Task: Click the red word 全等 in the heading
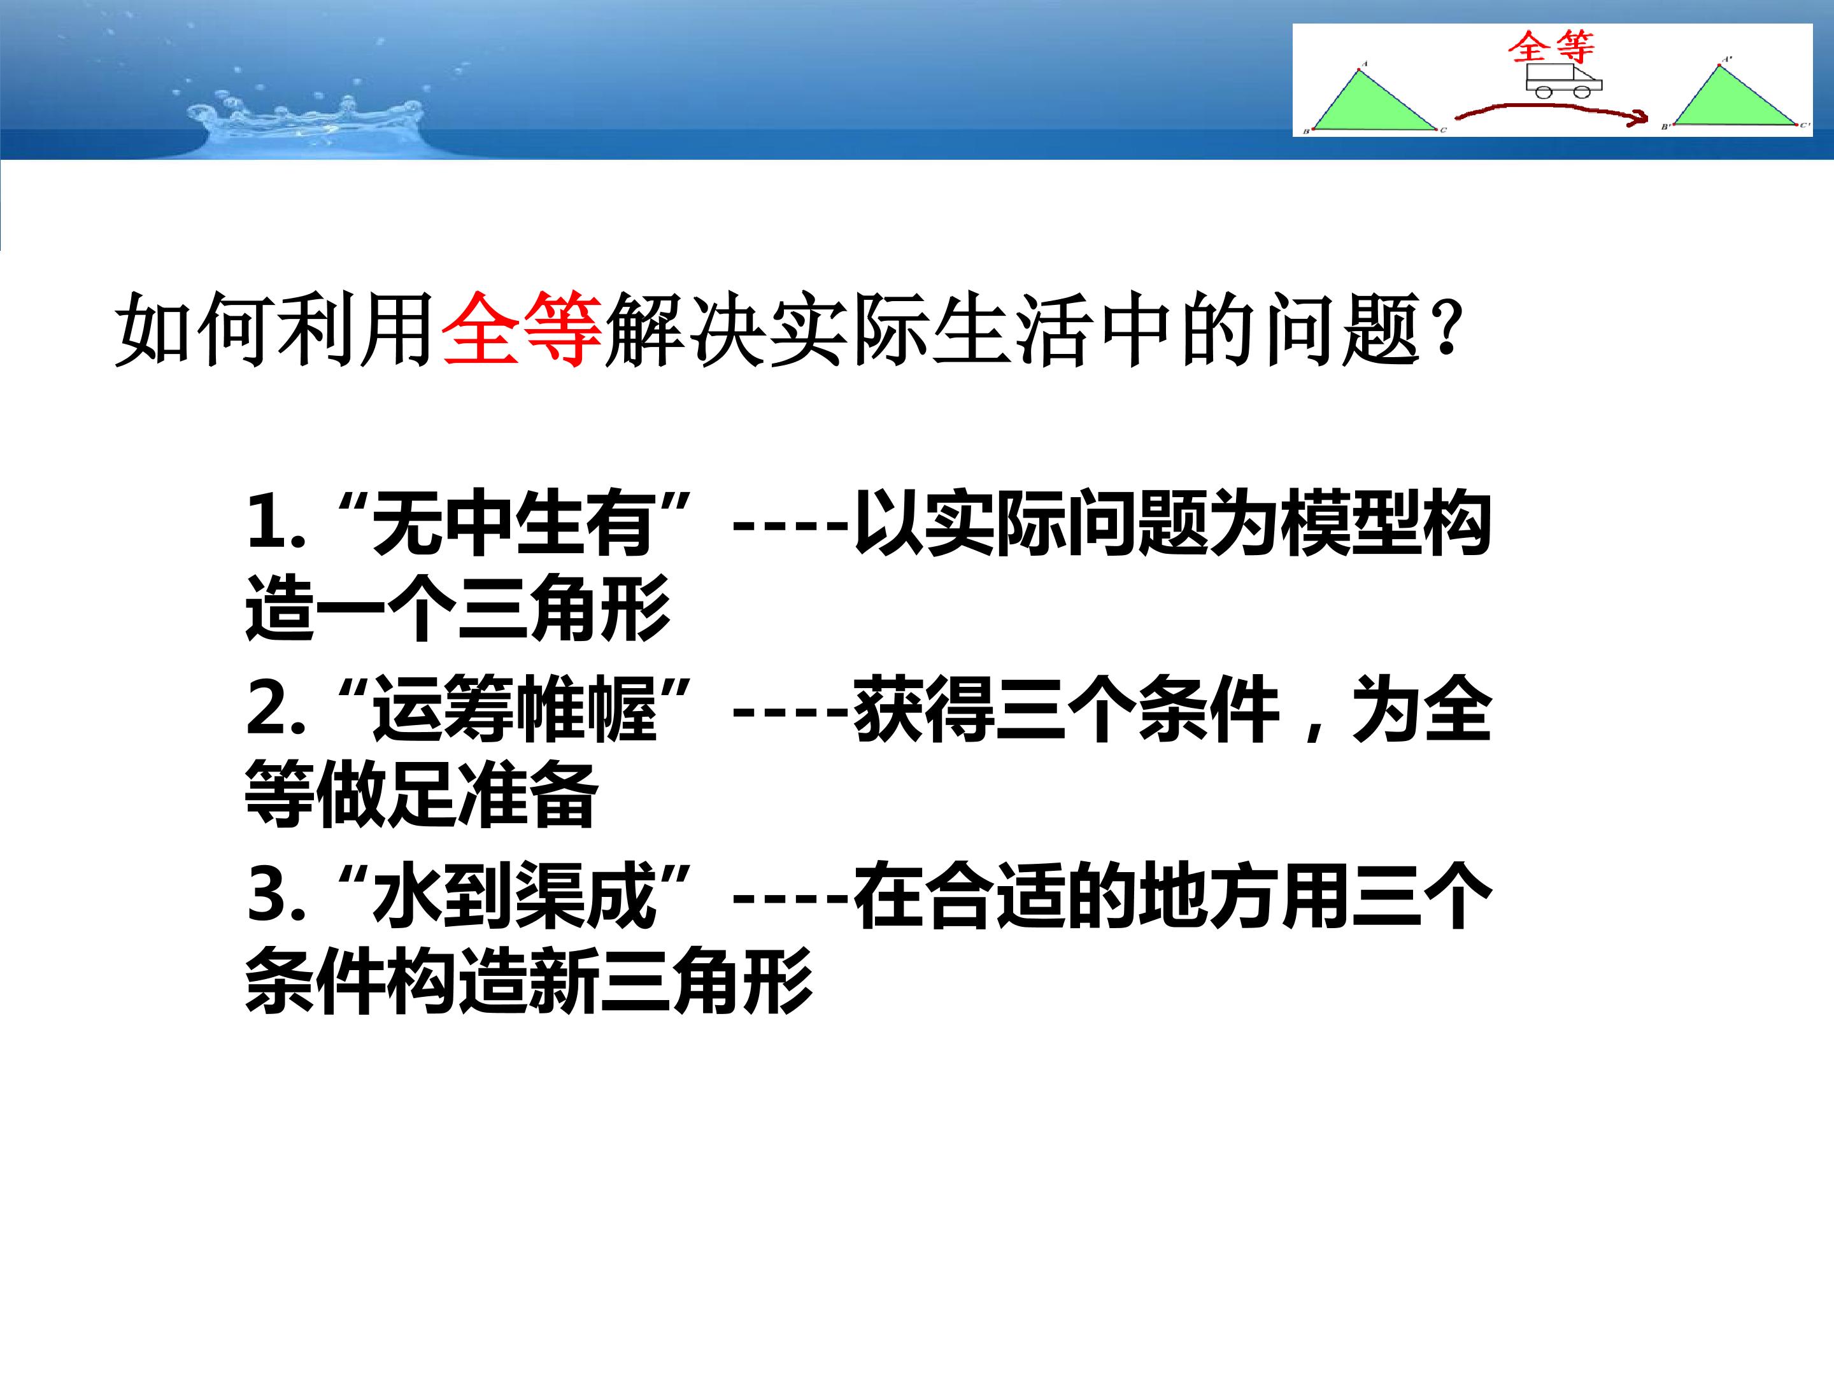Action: (x=522, y=329)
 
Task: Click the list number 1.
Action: (x=267, y=524)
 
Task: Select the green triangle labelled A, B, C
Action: (x=1374, y=101)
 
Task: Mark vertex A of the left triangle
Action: (x=1361, y=69)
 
